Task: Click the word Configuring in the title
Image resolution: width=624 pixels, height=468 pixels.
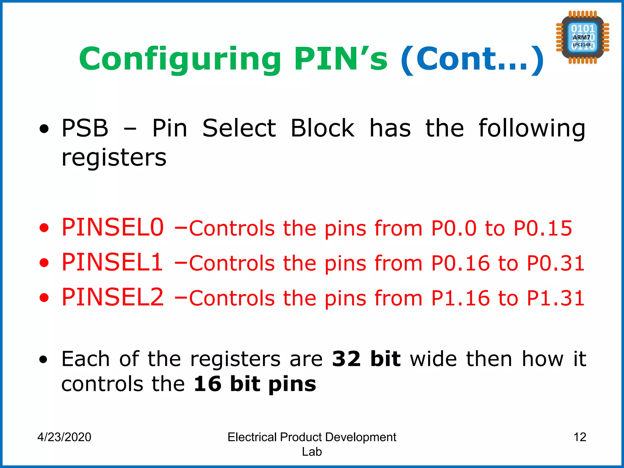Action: [x=180, y=59]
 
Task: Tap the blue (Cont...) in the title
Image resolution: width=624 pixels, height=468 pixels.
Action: [x=472, y=59]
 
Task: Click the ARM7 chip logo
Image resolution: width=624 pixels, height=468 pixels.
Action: [x=582, y=37]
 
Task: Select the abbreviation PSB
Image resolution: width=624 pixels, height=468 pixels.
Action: [x=85, y=128]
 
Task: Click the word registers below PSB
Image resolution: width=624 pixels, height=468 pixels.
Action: [x=114, y=158]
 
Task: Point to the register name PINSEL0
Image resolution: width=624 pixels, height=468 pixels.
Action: [x=113, y=227]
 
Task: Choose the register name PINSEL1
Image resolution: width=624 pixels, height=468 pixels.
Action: [x=112, y=262]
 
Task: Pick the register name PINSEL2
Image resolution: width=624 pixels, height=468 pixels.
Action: [x=113, y=297]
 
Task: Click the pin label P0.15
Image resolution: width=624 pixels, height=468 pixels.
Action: [x=543, y=228]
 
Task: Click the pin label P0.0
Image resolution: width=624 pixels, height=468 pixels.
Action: [x=454, y=228]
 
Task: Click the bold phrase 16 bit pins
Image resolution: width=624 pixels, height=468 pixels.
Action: [x=255, y=384]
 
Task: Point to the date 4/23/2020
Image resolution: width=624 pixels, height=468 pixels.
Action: [x=64, y=437]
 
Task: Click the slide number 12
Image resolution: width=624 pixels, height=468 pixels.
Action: [x=580, y=437]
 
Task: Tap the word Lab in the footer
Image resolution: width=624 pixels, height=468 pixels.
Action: [x=312, y=452]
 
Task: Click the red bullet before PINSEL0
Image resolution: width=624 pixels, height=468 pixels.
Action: [x=44, y=228]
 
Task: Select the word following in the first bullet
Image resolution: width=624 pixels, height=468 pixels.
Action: [x=532, y=128]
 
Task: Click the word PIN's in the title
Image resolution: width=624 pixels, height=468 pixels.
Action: [x=341, y=59]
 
